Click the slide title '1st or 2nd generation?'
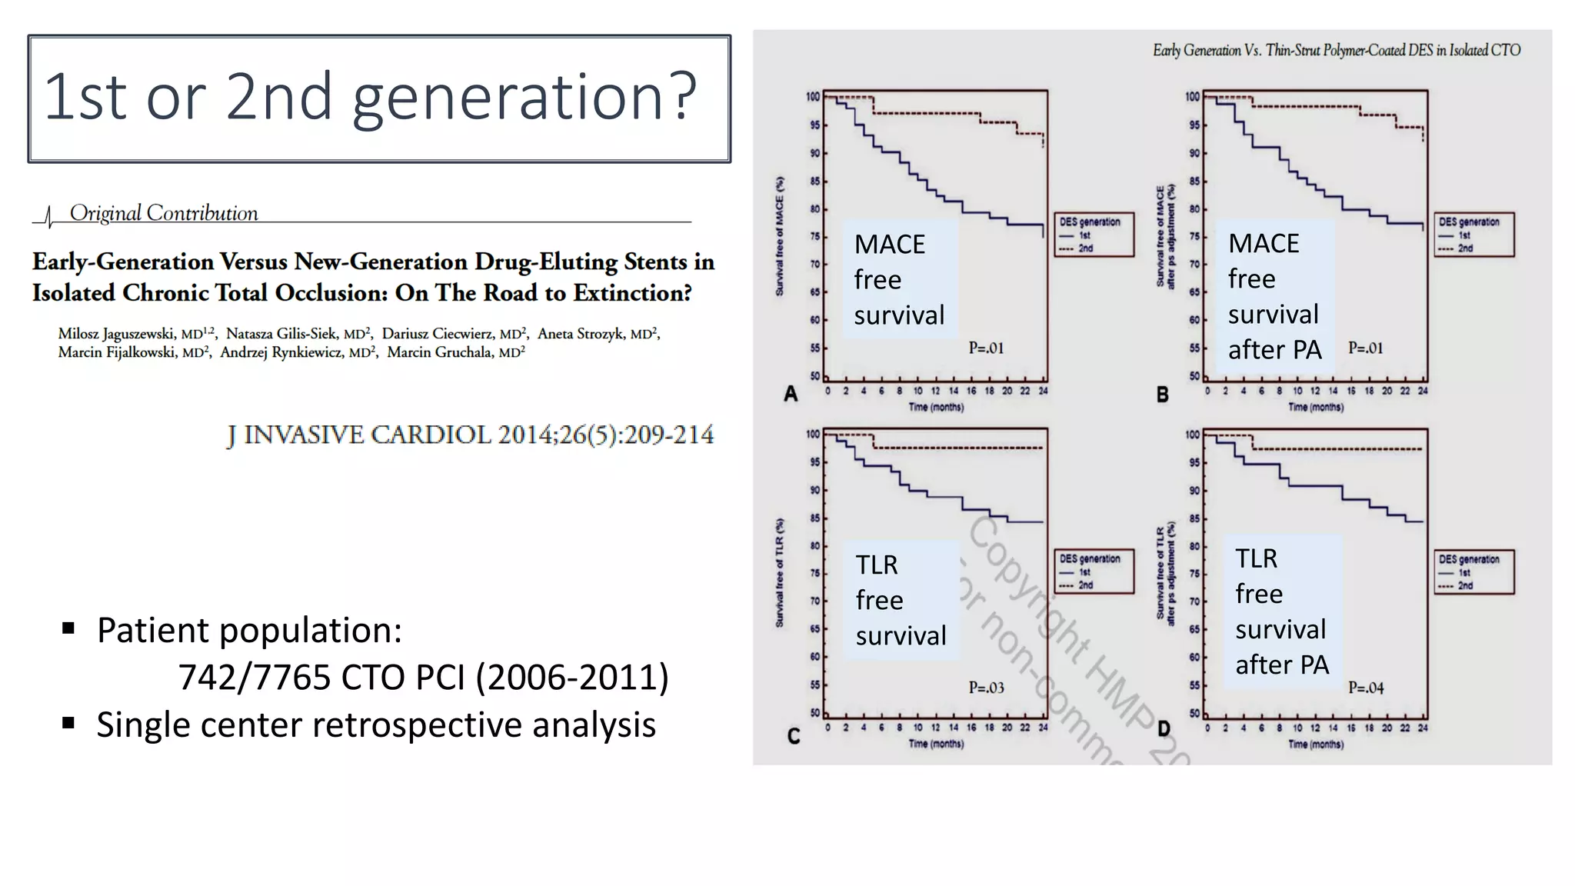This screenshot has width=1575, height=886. click(370, 97)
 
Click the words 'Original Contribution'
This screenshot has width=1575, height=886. click(164, 213)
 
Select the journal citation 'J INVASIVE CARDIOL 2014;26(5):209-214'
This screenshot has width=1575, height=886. click(470, 435)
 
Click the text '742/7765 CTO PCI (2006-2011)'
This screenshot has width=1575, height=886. click(423, 678)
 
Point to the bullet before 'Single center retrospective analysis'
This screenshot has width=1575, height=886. click(69, 724)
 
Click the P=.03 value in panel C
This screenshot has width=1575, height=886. click(986, 688)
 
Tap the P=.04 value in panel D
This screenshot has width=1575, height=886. click(1366, 688)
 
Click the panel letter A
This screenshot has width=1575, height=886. click(791, 395)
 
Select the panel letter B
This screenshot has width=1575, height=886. click(1162, 395)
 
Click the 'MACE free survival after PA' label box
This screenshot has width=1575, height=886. click(1274, 297)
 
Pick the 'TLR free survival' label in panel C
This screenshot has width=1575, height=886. click(901, 600)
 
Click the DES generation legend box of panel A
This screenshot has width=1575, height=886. click(1094, 235)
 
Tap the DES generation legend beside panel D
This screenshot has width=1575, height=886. click(1473, 571)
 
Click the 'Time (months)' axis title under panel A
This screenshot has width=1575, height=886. click(936, 407)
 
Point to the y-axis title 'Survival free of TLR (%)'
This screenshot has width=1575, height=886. click(780, 573)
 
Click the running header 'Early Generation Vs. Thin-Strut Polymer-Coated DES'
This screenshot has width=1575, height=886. click(1336, 51)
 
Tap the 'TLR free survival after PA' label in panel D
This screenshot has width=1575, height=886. click(1282, 611)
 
